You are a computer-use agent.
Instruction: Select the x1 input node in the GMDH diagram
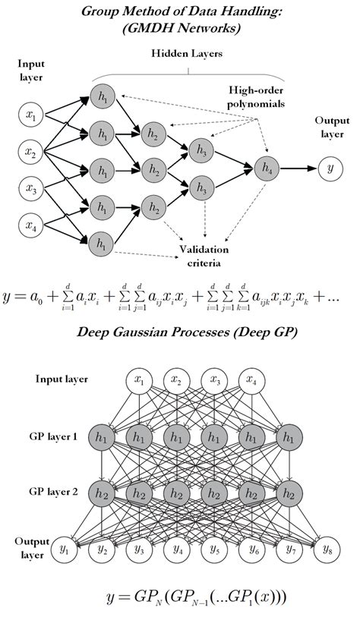pos(30,115)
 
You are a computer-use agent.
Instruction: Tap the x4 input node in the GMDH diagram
pos(30,225)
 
